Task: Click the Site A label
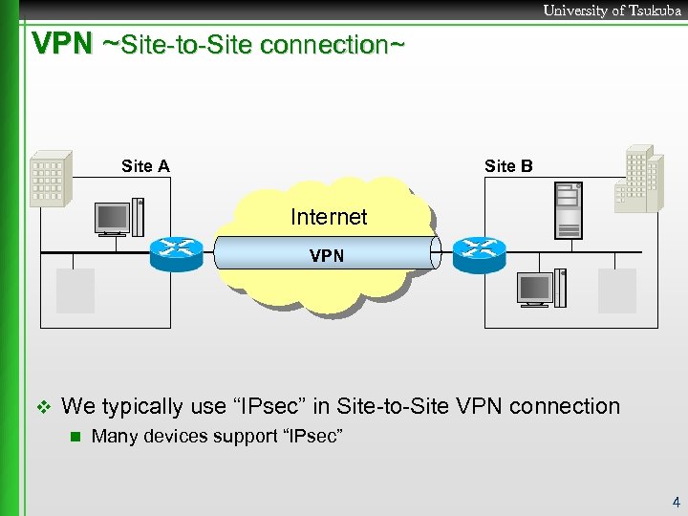pos(145,166)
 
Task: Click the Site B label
pos(508,166)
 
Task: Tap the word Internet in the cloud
pos(329,217)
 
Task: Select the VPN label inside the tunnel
pos(327,256)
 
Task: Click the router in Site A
pos(177,249)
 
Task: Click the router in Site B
pos(479,249)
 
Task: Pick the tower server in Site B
pos(569,211)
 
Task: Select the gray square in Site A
pos(75,290)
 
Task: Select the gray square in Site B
pos(616,290)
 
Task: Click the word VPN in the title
pos(62,43)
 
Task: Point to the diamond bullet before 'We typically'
pos(40,407)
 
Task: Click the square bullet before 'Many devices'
pos(72,438)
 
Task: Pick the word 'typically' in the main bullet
pos(141,406)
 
